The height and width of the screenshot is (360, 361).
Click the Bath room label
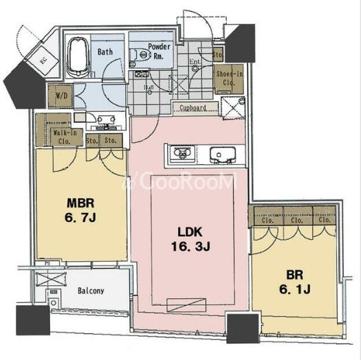coord(105,52)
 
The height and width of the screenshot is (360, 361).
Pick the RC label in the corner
coord(43,60)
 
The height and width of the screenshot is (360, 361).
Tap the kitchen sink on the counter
coord(221,153)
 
